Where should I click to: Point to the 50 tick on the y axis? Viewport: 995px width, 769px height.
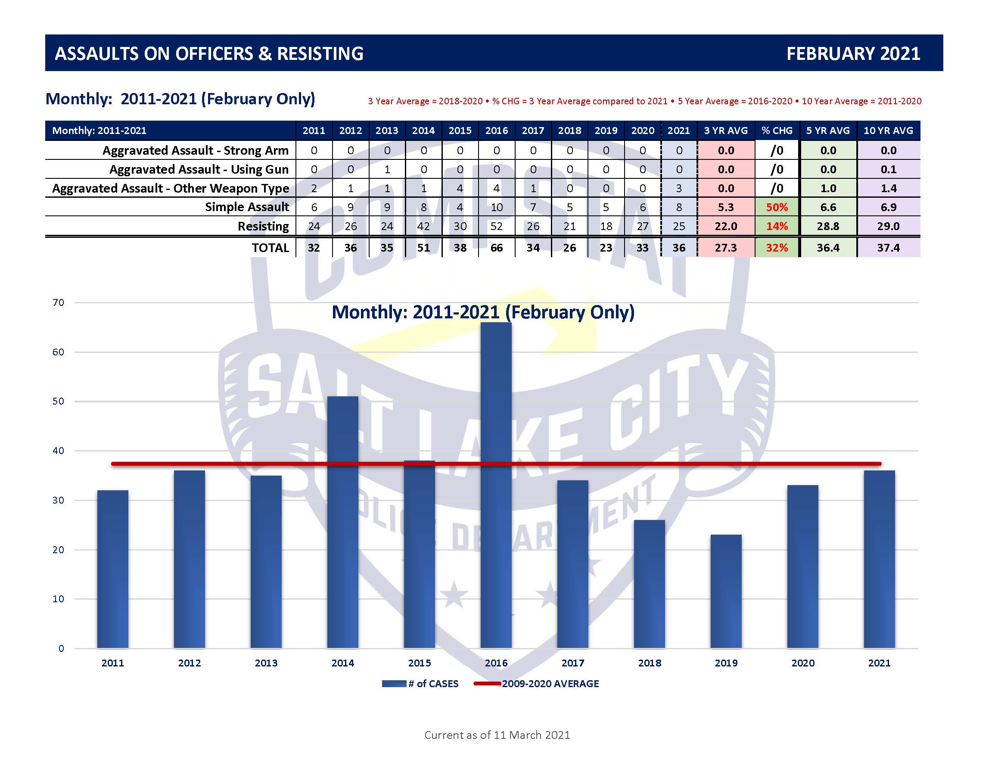(58, 402)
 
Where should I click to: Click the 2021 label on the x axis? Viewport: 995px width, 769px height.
(879, 663)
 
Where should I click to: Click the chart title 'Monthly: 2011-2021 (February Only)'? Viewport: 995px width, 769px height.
(483, 312)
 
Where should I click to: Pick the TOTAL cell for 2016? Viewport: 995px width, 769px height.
(496, 248)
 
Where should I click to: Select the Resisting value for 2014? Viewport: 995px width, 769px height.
(423, 227)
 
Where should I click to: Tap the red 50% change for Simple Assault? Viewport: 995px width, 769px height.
(777, 207)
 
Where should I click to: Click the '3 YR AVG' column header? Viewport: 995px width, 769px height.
(726, 131)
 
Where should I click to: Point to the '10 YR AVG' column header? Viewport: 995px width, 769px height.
(888, 131)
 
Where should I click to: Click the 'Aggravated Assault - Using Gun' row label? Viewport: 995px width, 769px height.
(199, 169)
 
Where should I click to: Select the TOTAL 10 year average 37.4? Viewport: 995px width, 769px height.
(888, 248)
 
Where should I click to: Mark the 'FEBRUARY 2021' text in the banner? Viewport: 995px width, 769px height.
(853, 54)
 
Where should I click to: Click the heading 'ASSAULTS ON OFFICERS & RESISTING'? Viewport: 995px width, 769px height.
(209, 54)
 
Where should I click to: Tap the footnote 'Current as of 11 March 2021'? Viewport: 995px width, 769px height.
(497, 735)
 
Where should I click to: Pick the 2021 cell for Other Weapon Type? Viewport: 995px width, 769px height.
(679, 189)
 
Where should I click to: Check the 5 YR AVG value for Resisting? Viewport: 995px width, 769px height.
(828, 227)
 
